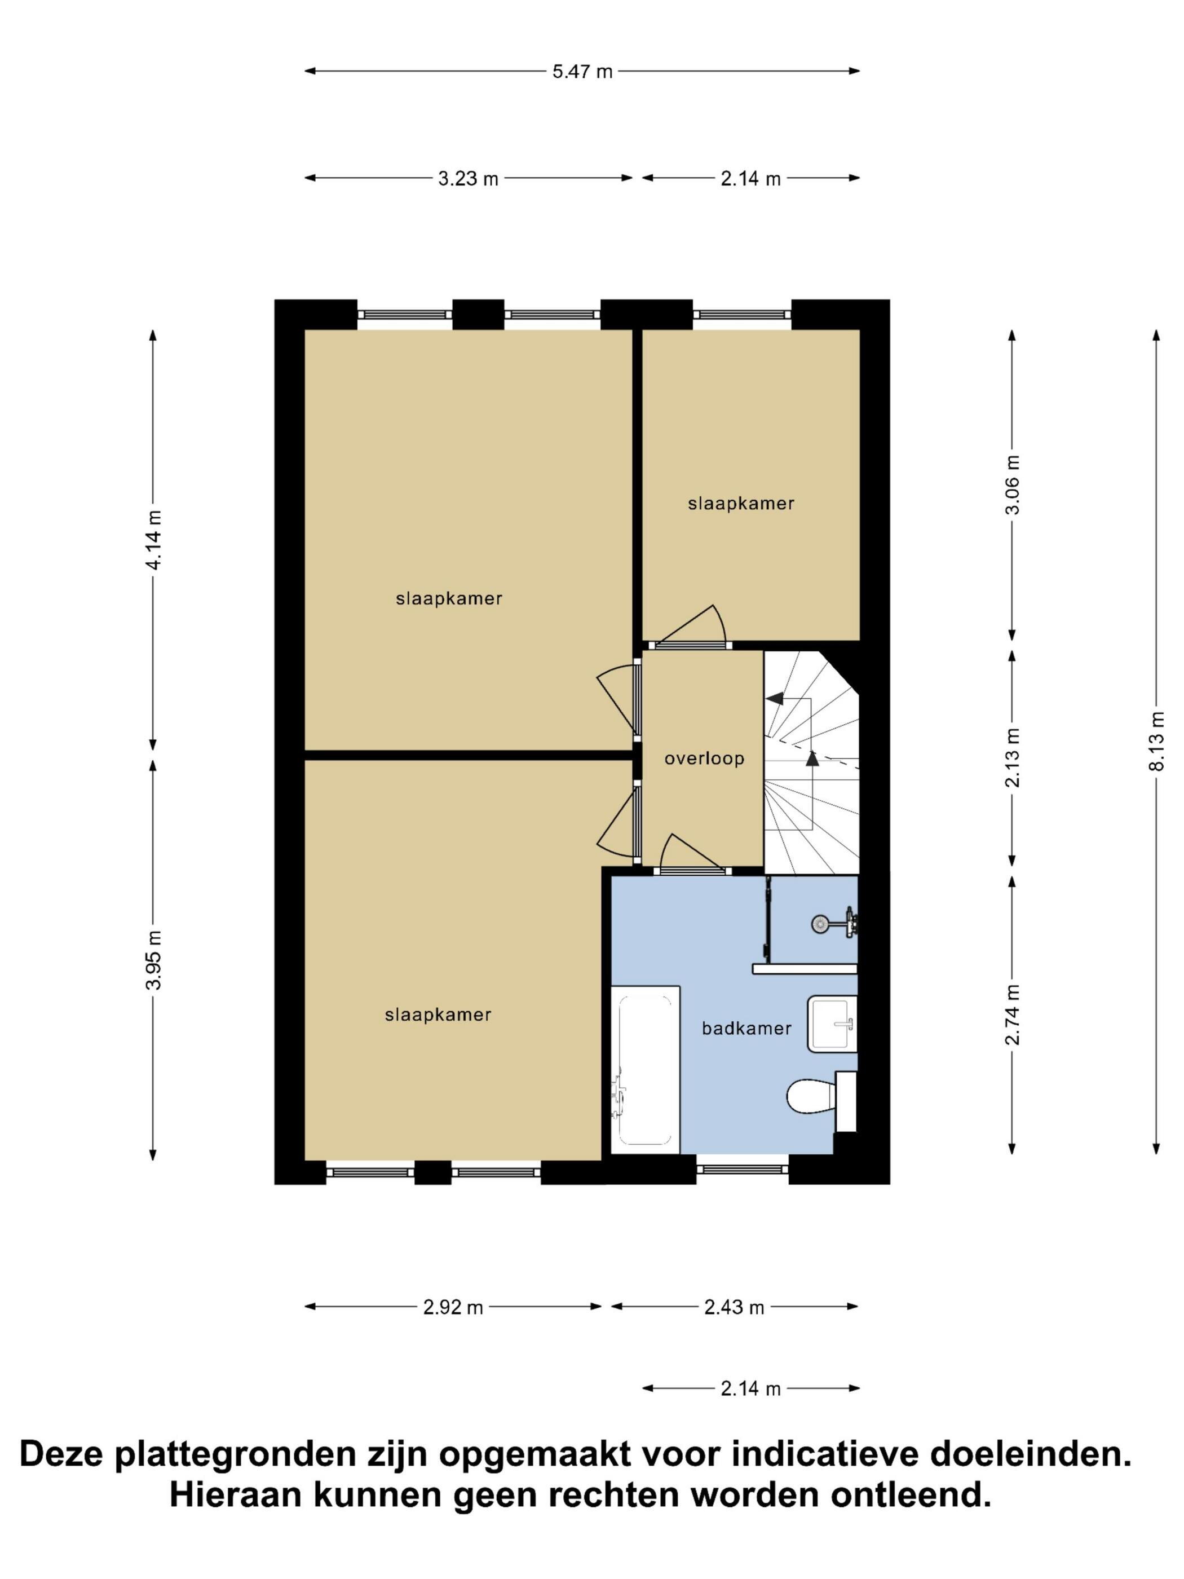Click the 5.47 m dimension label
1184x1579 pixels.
582,72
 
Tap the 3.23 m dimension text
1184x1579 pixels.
468,178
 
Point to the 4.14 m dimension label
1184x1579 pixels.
153,540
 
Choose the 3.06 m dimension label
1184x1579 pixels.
1013,484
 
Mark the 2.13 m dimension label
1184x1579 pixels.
1013,757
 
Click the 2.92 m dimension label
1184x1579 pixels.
453,1307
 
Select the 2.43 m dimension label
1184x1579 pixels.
735,1307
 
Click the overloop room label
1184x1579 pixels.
704,759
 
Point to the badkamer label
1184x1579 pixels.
746,1029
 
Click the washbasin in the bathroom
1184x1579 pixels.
832,1024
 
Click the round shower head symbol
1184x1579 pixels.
820,924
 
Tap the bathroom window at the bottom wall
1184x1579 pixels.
742,1168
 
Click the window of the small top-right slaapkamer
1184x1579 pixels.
742,314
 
